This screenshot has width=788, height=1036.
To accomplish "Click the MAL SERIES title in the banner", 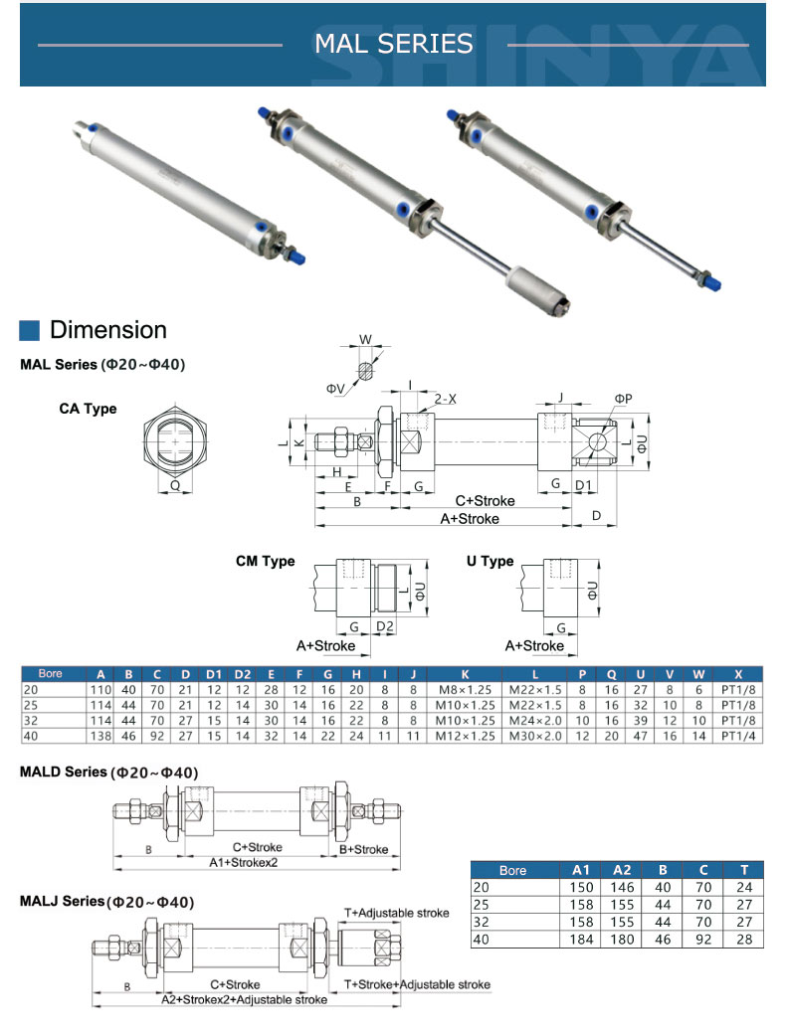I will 393,44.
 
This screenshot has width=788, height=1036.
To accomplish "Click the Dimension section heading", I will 108,330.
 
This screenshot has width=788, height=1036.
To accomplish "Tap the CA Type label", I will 88,409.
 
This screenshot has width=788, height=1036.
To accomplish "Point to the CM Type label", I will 265,562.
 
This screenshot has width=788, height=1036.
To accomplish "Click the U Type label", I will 490,562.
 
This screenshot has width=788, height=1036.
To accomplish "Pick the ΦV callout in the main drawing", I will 335,386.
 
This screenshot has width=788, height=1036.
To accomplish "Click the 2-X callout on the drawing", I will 445,398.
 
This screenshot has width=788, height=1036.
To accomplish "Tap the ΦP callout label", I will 623,399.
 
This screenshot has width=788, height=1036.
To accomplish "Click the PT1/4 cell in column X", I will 737,736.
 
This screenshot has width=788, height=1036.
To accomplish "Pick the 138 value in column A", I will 100,736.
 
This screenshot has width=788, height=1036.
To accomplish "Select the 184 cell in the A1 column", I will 581,939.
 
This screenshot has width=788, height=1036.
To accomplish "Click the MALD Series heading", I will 108,773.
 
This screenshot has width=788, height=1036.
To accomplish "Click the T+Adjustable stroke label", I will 396,912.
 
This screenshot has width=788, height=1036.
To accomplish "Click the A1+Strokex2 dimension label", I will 243,862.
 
